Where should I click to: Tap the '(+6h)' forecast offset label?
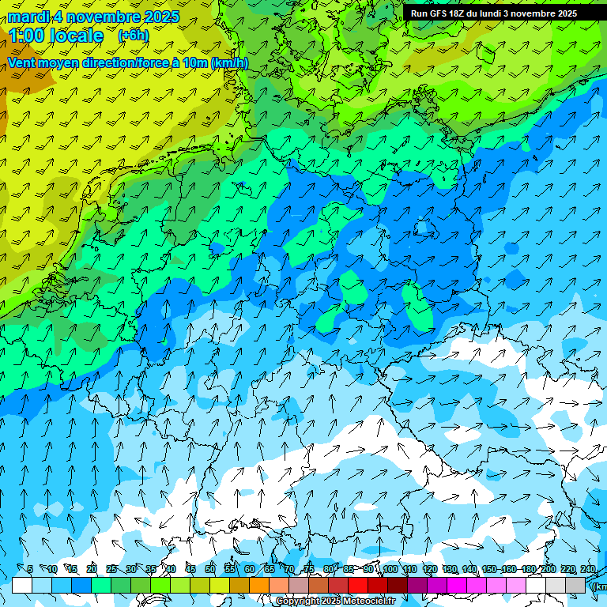click(132, 36)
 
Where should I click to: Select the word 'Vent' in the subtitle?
click(24, 62)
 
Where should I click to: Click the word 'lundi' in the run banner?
click(502, 13)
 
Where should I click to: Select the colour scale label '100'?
click(390, 569)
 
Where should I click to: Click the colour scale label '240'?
click(587, 569)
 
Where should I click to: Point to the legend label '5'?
click(30, 569)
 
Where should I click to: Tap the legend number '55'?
click(230, 569)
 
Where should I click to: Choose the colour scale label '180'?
click(528, 569)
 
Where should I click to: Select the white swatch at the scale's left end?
click(22, 585)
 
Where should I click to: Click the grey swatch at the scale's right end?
click(575, 585)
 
